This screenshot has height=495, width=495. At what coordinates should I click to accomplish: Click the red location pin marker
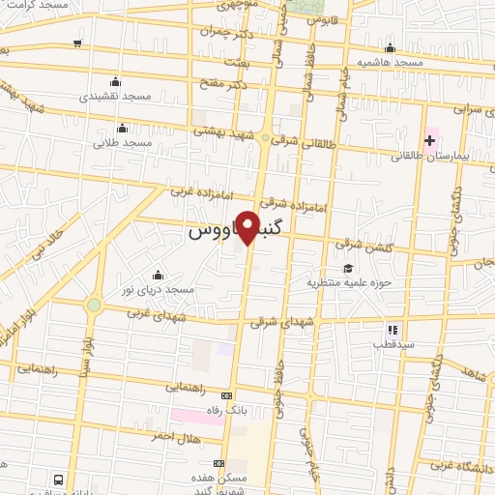pos(247,226)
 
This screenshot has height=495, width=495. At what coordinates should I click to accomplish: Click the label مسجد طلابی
pos(123,142)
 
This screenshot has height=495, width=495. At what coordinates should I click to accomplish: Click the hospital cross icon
pos(430,140)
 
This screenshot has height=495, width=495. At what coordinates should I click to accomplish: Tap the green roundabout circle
pos(94,306)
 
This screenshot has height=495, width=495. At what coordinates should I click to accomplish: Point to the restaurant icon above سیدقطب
pos(393,330)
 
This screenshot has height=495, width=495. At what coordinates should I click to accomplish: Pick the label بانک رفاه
pos(227,410)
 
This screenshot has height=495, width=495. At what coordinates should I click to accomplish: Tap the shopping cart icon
pos(77,44)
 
